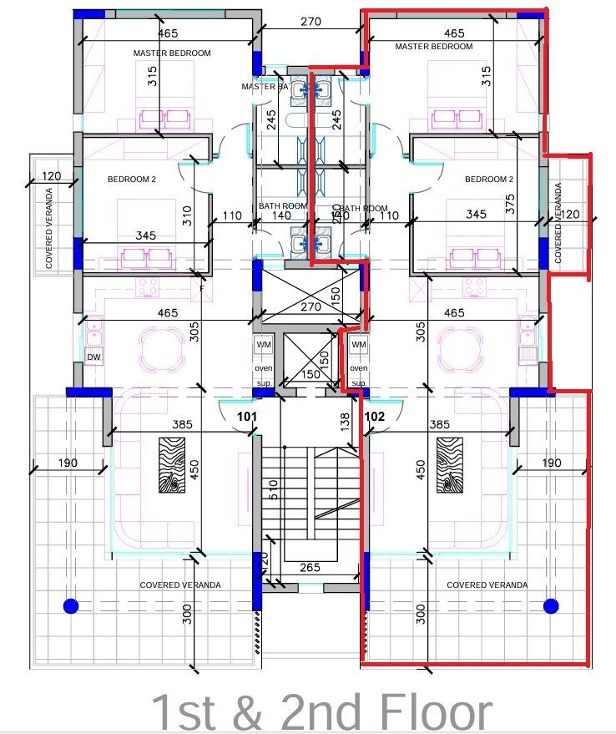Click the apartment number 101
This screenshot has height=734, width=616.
[x=245, y=415]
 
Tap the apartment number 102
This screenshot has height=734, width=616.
[x=375, y=415]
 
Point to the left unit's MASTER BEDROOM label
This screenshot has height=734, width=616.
[x=172, y=53]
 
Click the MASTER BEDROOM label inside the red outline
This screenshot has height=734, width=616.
[x=433, y=47]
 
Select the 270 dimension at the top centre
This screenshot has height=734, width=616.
[x=310, y=23]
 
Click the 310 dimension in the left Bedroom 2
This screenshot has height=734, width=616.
[x=187, y=216]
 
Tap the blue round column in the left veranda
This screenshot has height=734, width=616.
[x=70, y=605]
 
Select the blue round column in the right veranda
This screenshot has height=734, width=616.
[x=550, y=605]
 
